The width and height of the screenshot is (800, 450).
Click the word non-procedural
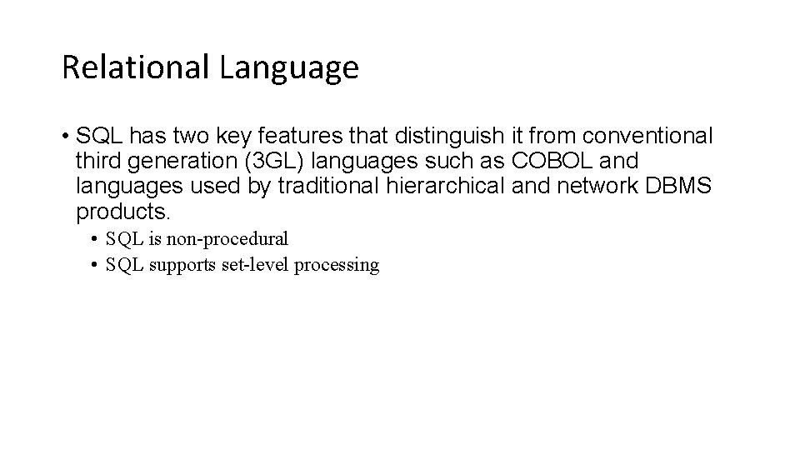click(x=227, y=239)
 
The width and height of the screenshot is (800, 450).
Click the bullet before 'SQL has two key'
click(x=65, y=135)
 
